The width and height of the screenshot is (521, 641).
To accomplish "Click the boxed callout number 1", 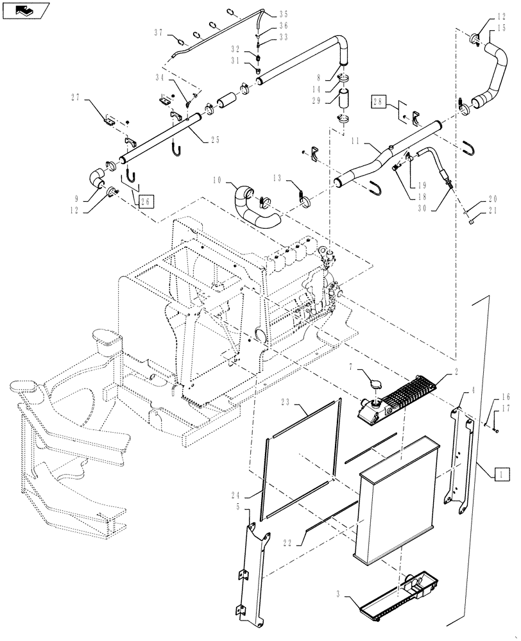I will click(x=502, y=474).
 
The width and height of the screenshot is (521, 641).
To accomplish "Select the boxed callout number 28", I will click(x=378, y=102).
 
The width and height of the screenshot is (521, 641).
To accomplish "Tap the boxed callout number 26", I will click(x=146, y=201).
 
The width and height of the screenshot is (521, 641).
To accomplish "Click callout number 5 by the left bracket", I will click(x=239, y=506).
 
